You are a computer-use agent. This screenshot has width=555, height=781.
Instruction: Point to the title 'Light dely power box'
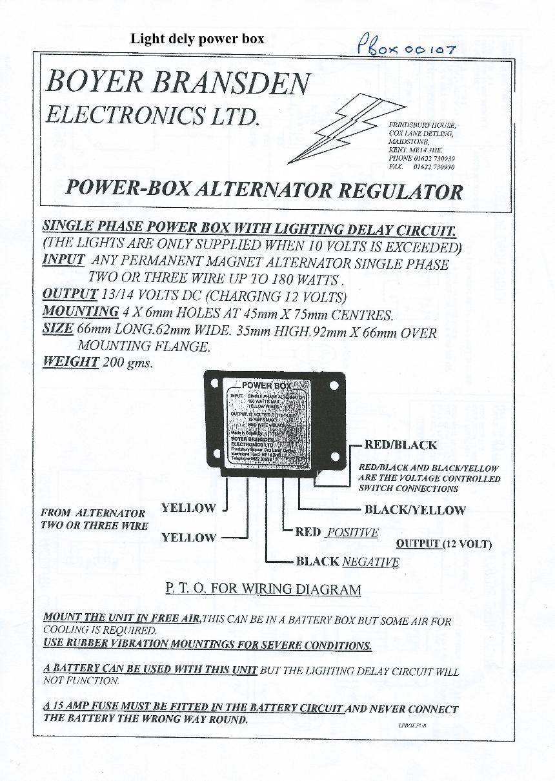tap(197, 39)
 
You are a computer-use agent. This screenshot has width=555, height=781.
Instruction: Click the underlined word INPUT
tap(63, 260)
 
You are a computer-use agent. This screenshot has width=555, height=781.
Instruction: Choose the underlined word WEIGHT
tap(70, 361)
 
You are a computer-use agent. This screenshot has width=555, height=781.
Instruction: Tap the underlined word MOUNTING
tap(80, 312)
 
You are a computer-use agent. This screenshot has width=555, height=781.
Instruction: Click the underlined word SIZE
tap(57, 329)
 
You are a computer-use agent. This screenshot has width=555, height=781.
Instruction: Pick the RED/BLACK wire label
tap(400, 445)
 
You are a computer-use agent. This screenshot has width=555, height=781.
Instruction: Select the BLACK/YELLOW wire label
tap(414, 510)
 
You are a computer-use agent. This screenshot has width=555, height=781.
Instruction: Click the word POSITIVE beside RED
tap(352, 532)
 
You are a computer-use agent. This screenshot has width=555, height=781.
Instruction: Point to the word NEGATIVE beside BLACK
tap(370, 562)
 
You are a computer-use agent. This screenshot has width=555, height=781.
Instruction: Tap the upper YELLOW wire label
tap(188, 508)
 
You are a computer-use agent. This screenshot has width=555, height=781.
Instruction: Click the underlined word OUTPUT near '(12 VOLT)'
tap(418, 543)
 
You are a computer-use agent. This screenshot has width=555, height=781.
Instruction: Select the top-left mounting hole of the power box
tap(216, 385)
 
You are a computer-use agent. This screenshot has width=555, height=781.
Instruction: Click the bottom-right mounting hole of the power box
tap(334, 456)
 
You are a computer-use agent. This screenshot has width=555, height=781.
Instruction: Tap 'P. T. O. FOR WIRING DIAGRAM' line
tap(263, 589)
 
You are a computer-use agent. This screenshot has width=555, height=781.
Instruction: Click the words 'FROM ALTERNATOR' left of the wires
tap(93, 513)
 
